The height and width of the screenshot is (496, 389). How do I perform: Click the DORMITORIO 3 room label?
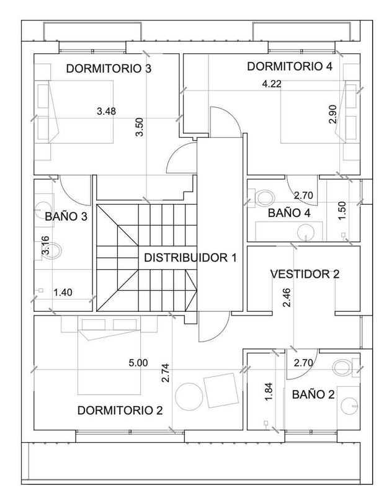109,68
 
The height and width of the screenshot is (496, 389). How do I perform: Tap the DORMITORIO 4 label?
290,66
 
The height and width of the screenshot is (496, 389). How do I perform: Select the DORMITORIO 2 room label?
120,410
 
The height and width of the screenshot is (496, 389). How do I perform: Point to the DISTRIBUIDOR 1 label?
190,258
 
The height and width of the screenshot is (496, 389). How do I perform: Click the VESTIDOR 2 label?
305,274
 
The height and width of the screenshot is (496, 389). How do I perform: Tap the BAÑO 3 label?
66,216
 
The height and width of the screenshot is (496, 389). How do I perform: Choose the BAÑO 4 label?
289,213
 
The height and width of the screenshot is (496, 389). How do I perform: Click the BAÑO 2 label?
313,394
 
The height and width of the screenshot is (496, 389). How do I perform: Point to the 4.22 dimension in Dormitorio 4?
272,84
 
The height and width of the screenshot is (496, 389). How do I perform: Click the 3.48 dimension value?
106,111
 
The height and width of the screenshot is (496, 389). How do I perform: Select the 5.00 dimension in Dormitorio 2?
138,363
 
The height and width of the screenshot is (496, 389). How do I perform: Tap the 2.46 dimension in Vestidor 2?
287,298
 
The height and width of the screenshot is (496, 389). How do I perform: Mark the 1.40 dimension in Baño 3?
63,292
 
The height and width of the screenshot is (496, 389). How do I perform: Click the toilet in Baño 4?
266,198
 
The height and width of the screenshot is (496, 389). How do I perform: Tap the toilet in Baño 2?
342,368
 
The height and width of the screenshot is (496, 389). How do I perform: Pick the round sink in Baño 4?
306,232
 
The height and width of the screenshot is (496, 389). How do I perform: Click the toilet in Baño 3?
53,251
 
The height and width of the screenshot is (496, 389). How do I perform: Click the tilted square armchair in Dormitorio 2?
221,390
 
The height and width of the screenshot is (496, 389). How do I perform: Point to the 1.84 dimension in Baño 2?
269,392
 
